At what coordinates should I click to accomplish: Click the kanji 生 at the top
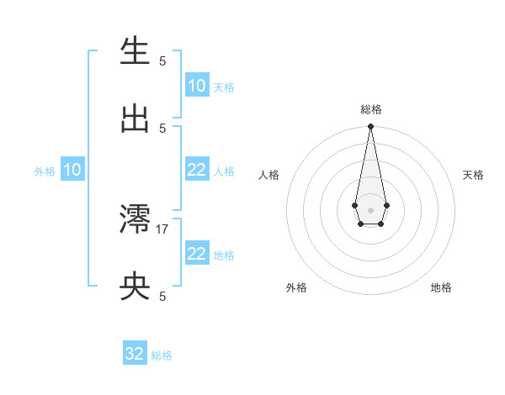tap(135, 52)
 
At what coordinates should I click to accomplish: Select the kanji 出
tap(135, 119)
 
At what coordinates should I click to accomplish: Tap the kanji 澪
tap(135, 220)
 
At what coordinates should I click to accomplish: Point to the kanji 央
tap(135, 287)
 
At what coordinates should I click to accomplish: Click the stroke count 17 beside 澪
tap(162, 229)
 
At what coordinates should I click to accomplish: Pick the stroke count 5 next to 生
tap(162, 61)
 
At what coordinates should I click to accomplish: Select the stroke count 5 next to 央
tap(162, 296)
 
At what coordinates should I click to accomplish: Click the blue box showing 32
tap(135, 354)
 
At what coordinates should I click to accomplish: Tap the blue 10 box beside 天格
tap(197, 86)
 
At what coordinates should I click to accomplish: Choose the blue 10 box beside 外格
tap(72, 170)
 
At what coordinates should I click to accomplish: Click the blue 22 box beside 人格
tap(197, 170)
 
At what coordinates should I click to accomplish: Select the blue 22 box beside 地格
tap(197, 254)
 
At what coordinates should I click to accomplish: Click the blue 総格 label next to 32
tap(162, 355)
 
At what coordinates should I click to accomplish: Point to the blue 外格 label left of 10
tap(45, 171)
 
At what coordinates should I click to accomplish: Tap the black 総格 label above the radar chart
tap(370, 109)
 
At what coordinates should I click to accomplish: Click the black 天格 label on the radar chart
tap(473, 175)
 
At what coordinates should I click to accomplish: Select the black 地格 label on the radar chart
tap(441, 288)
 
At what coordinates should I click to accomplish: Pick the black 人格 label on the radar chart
tap(269, 175)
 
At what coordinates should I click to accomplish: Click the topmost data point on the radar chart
tap(370, 127)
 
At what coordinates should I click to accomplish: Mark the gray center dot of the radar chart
tap(370, 209)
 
